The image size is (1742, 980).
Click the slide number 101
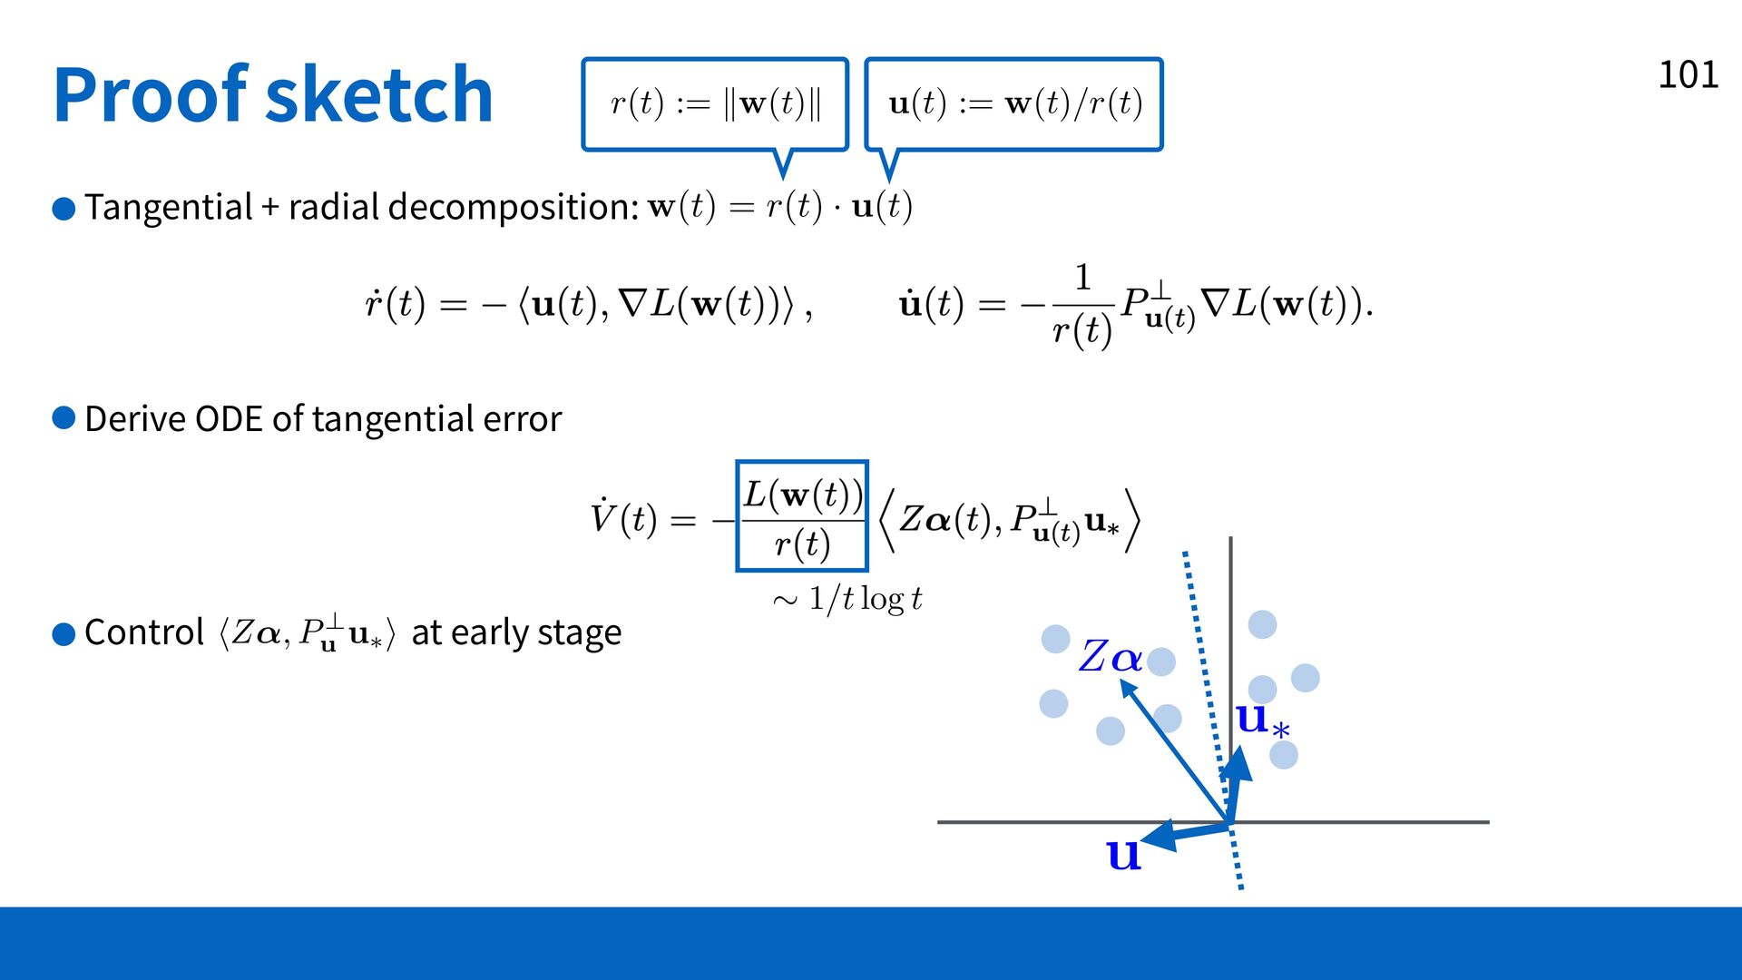[1688, 74]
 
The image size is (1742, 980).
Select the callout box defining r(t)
[715, 104]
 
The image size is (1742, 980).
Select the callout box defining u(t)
[1013, 104]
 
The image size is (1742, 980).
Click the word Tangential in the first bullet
[169, 208]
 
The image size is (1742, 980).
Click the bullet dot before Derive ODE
[64, 417]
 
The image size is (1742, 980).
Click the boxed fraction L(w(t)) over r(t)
[802, 516]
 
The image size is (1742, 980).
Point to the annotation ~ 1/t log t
[847, 599]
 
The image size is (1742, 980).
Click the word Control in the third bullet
[144, 632]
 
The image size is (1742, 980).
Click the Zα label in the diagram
[1111, 656]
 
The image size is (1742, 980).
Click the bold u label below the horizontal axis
[1123, 854]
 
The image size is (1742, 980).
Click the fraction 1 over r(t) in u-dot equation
[1081, 305]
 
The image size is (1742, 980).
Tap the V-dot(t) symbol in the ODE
[624, 518]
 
